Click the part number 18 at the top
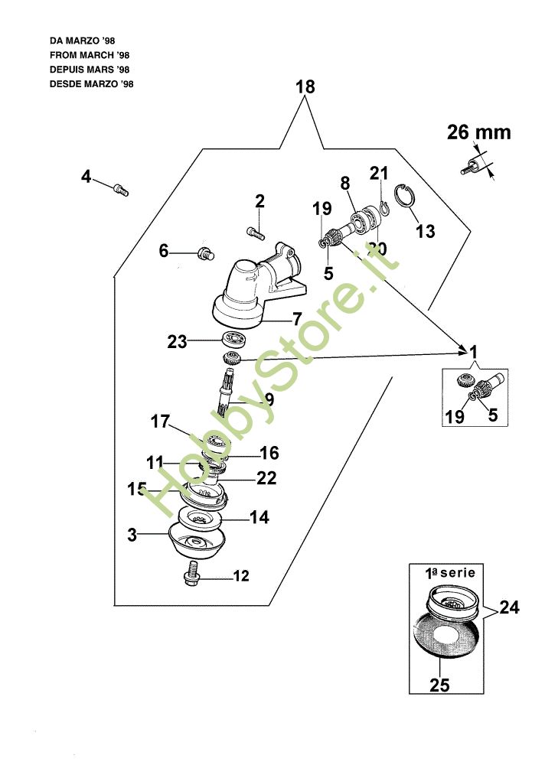tap(305, 87)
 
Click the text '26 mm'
tap(479, 132)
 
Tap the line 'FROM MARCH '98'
tap(90, 56)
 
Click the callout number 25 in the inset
tap(439, 685)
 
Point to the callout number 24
tap(509, 608)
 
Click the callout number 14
tap(259, 517)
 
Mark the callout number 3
tap(132, 535)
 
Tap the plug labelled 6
tap(204, 253)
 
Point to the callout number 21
tap(380, 173)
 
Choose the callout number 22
tap(266, 479)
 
